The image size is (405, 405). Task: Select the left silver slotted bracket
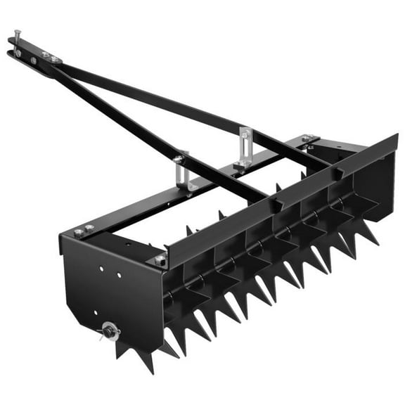181,173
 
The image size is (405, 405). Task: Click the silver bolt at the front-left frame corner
160,259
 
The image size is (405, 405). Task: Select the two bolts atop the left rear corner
84,229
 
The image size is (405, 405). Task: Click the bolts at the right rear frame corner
308,139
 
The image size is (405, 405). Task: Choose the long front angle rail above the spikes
281,197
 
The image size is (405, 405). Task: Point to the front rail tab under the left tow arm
279,205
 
